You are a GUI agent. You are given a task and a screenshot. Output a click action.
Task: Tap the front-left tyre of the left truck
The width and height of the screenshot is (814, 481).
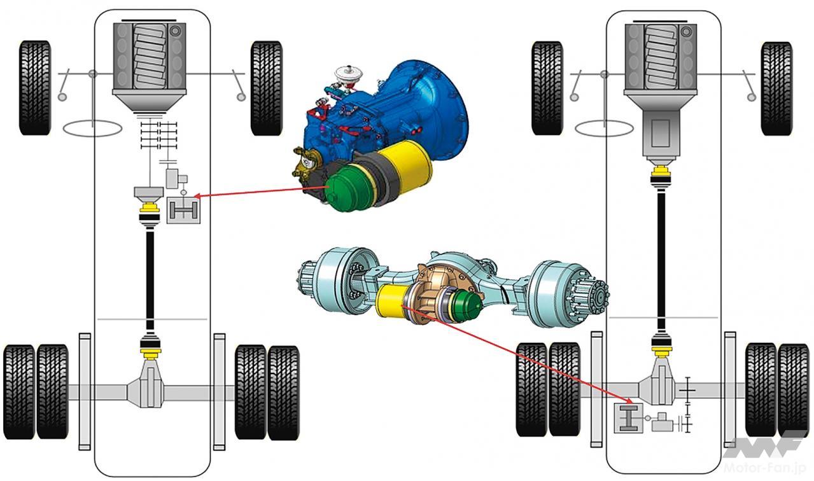pyautogui.click(x=35, y=87)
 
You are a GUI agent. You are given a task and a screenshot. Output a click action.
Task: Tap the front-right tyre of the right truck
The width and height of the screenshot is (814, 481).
pyautogui.click(x=776, y=88)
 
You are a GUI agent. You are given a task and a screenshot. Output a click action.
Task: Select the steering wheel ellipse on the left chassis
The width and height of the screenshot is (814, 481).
pyautogui.click(x=94, y=127)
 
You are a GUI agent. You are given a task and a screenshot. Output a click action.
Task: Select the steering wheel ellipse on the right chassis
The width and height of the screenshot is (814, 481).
pyautogui.click(x=604, y=129)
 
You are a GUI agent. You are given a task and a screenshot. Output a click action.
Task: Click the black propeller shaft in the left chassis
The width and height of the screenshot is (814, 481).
pyautogui.click(x=151, y=280)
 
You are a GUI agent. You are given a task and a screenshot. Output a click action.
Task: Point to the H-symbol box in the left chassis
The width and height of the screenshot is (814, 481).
pyautogui.click(x=183, y=210)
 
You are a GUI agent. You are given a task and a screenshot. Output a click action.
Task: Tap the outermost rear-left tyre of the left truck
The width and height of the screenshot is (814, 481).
pyautogui.click(x=19, y=391)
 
